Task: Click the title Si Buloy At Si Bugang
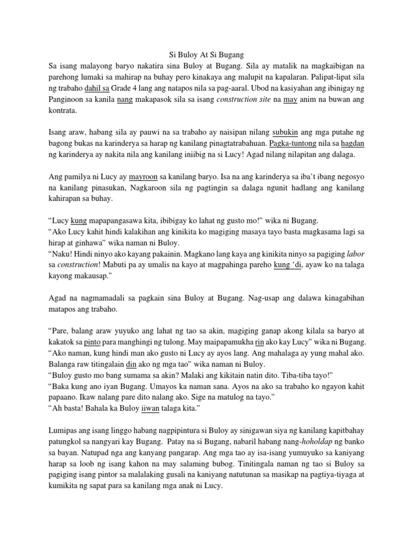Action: pos(206,54)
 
